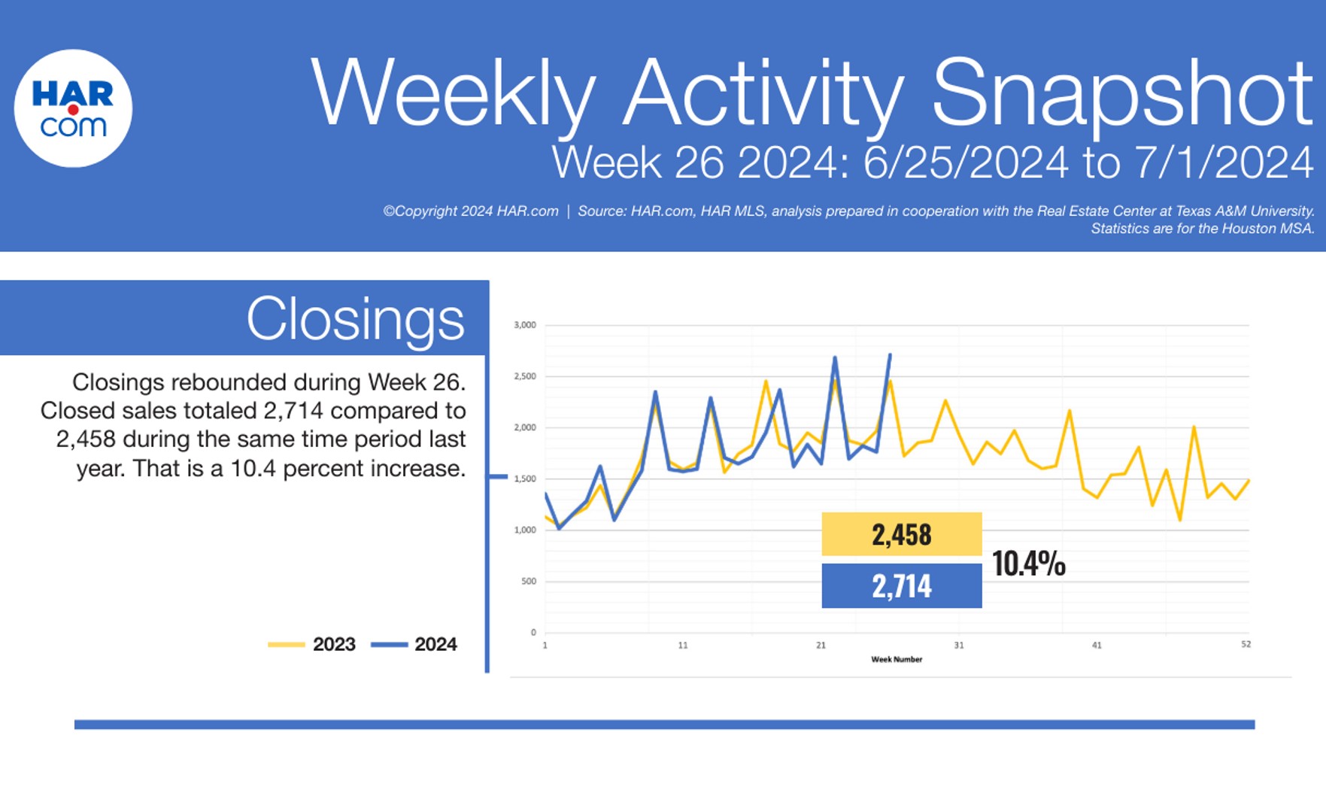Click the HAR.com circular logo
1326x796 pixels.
pos(73,108)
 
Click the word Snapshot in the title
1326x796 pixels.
pos(1121,93)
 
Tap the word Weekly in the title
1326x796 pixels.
pos(453,93)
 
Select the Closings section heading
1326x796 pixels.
pos(355,318)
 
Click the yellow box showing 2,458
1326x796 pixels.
pos(901,534)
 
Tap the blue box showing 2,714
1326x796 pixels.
pos(901,585)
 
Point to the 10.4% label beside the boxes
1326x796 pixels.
pos(1028,563)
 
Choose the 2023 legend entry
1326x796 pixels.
pos(312,644)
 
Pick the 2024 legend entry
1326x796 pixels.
pos(414,644)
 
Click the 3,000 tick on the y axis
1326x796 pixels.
pos(525,325)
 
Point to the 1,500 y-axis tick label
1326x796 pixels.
pos(525,479)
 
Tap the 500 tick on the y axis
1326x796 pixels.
pos(529,581)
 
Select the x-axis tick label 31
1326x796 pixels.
pos(958,645)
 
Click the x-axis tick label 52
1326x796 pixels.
pos(1246,644)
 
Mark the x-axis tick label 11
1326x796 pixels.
pos(682,645)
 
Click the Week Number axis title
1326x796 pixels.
pos(897,659)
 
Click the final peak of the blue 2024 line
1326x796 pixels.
pos(890,355)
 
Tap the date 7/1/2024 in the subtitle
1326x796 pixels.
pos(1223,163)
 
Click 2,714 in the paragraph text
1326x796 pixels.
pos(293,411)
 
